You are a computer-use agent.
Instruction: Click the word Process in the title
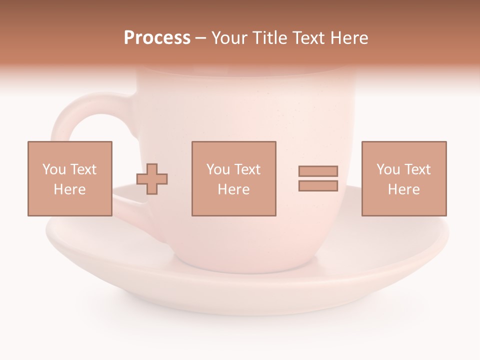[157, 38]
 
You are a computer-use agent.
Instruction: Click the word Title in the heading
[270, 38]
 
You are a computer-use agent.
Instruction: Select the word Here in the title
[348, 38]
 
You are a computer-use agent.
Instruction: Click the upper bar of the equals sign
[318, 171]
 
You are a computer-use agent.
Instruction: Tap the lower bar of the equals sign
[318, 185]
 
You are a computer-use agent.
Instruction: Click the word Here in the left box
[69, 189]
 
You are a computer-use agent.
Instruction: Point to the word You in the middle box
[218, 169]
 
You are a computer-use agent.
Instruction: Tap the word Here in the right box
[403, 189]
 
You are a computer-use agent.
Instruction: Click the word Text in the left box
[83, 169]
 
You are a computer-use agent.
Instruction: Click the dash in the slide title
[201, 38]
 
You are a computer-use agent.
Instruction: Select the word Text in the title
[307, 38]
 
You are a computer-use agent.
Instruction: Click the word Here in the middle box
[233, 189]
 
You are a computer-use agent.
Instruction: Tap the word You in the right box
[388, 169]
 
